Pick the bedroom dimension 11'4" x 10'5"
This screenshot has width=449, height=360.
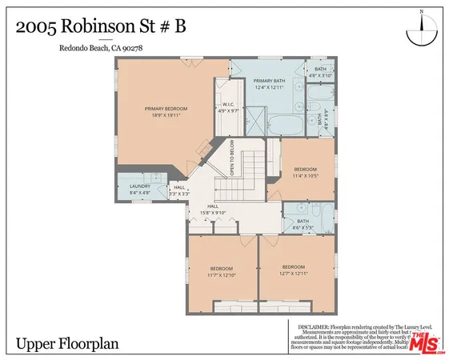(305, 175)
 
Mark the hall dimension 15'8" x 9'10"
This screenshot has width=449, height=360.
(213, 213)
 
